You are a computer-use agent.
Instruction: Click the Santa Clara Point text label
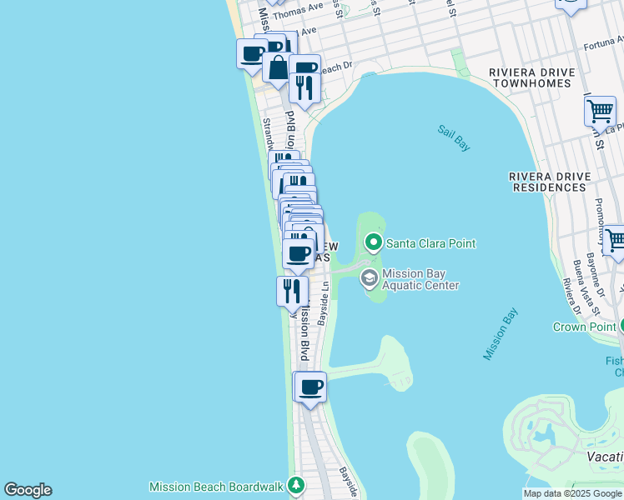[x=431, y=243]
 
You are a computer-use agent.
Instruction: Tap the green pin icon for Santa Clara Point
[x=374, y=243]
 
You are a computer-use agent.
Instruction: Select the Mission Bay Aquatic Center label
[x=420, y=279]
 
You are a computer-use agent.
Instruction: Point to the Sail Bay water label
[x=455, y=137]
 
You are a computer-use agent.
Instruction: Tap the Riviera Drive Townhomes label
[x=532, y=78]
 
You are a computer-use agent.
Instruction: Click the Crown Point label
[x=584, y=327]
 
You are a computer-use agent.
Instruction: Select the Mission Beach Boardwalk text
[x=217, y=486]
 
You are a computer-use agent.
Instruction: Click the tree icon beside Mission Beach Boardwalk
[x=295, y=485]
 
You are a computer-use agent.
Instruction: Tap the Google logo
[x=28, y=490]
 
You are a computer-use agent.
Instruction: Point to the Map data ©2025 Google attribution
[x=572, y=493]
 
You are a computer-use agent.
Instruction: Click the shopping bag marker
[x=278, y=67]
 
